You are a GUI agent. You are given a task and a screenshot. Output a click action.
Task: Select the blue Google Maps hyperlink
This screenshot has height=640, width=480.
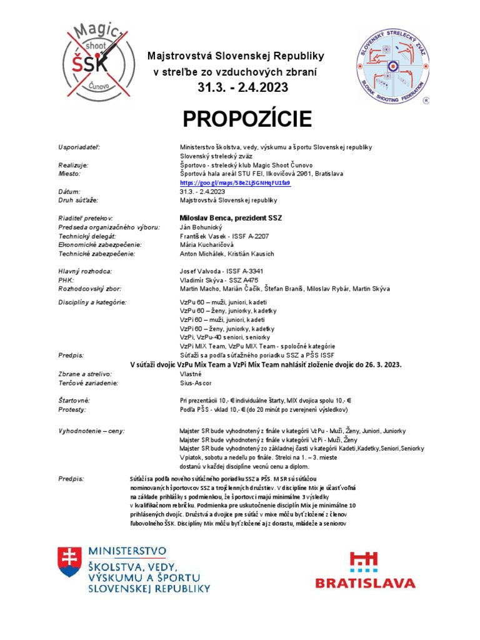coord(235,182)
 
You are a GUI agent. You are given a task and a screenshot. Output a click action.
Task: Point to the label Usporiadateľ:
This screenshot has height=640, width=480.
coord(79,147)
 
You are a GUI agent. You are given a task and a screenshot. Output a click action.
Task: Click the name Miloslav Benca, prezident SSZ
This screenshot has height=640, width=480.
coord(231,217)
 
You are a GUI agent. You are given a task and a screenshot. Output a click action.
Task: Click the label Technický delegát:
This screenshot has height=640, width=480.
coord(87,236)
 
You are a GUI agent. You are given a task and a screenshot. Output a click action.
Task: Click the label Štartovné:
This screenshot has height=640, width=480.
coord(74,400)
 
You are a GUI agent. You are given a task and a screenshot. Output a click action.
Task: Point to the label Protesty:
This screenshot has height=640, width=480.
coord(72,409)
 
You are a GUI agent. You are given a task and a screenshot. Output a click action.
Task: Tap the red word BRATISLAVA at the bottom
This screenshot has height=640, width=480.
coord(366,583)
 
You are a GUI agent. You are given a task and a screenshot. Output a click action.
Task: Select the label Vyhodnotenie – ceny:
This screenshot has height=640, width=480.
coord(91,431)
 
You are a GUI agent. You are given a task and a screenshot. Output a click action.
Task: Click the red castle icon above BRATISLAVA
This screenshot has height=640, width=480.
coord(364,561)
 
